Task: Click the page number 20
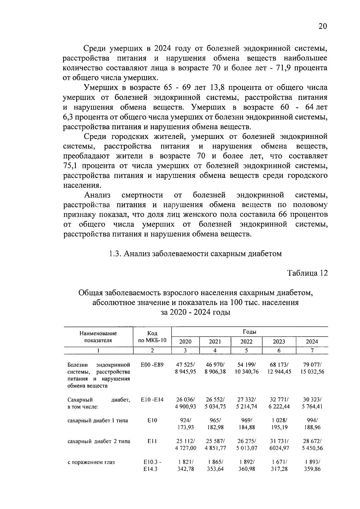322,26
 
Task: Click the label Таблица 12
307,273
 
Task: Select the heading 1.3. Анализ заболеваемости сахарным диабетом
195,254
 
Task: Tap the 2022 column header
246,342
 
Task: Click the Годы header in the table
249,332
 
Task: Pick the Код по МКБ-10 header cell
152,337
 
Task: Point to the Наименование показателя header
98,337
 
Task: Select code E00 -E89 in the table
152,365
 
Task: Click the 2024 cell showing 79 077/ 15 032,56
312,368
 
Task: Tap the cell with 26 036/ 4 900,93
185,403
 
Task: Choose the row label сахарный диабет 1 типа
98,421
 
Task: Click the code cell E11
152,441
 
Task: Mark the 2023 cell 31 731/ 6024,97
279,445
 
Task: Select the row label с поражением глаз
91,462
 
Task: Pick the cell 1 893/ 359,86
312,466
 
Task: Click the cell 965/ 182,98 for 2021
215,424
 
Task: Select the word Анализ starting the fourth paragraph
97,195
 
